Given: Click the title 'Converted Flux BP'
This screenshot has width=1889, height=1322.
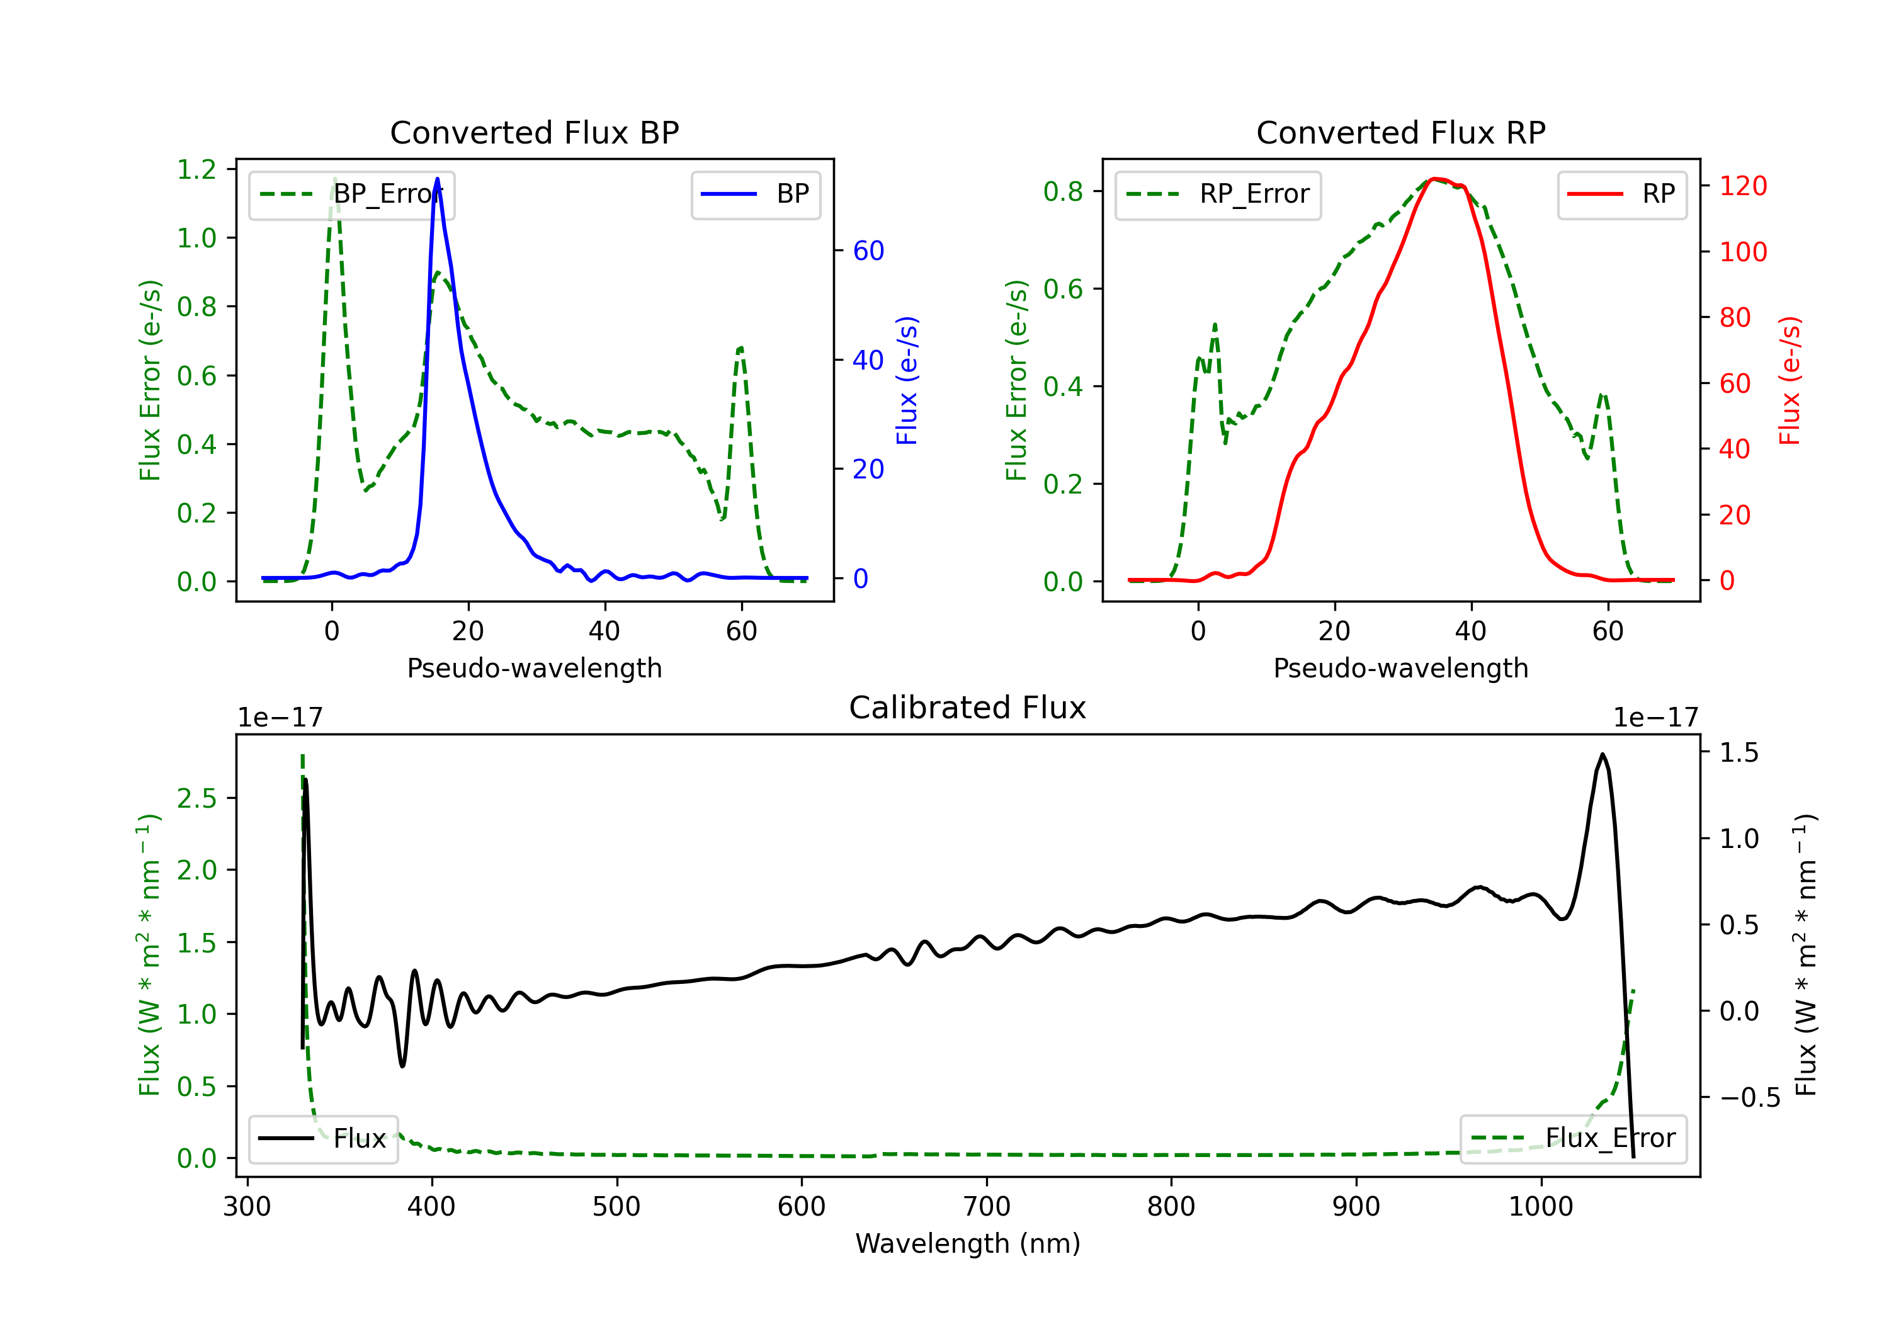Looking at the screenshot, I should click(x=534, y=132).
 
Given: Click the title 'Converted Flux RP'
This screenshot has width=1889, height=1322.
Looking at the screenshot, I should click(x=1400, y=132).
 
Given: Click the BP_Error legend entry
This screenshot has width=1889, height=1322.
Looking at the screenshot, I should click(x=351, y=194).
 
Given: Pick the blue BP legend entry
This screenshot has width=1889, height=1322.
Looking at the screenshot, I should click(x=755, y=194).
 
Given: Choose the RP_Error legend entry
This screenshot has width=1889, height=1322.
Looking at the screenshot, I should click(x=1218, y=194).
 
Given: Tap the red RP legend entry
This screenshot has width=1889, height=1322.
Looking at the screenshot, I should click(x=1621, y=194).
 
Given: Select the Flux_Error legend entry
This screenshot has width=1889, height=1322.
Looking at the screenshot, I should click(x=1573, y=1139).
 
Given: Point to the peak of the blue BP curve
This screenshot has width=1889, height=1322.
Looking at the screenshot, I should click(x=437, y=179).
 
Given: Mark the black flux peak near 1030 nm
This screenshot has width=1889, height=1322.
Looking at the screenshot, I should click(x=1602, y=754).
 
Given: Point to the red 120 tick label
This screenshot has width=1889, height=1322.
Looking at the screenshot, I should click(x=1742, y=186).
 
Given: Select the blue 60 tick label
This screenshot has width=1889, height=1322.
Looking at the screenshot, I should click(x=868, y=251).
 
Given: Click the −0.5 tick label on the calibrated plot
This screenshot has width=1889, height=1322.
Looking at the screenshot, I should click(x=1749, y=1097).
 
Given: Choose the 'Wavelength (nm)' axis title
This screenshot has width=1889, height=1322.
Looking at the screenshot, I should click(x=968, y=1243).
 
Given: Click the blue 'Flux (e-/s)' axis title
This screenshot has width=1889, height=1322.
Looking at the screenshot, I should click(x=907, y=380).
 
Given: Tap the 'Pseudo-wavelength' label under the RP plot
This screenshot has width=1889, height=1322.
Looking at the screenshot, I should click(x=1400, y=668).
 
